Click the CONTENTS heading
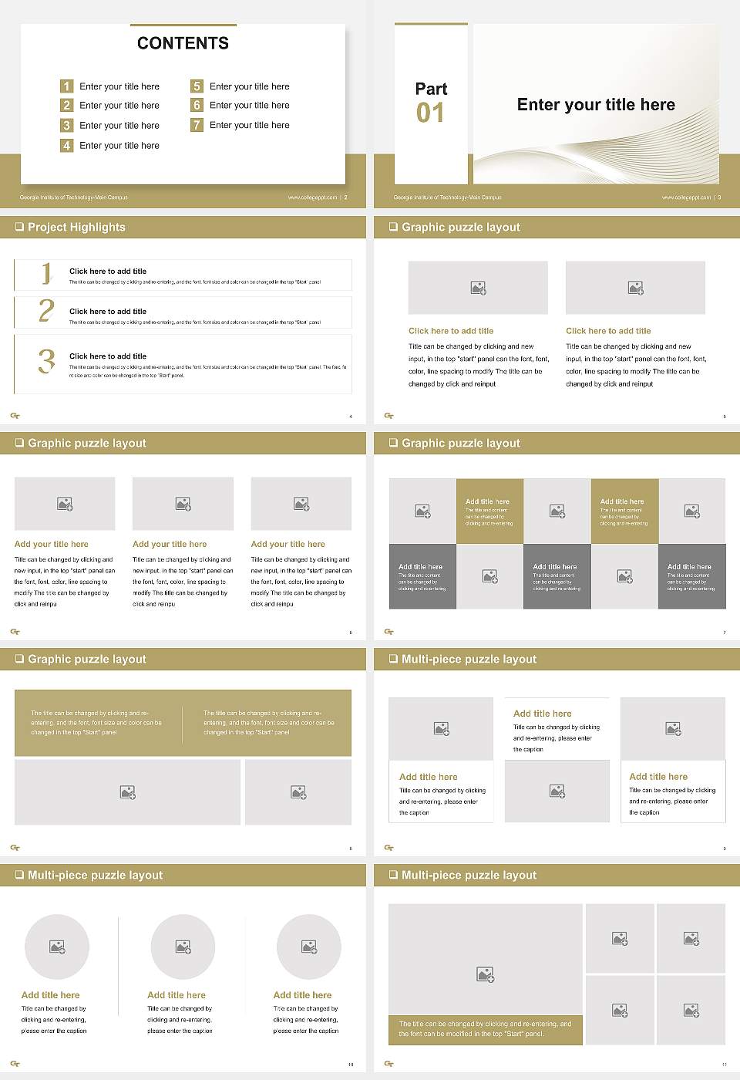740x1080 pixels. (183, 43)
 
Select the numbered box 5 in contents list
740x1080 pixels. (197, 86)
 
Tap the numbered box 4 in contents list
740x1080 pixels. (67, 145)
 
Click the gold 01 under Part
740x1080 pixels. (430, 113)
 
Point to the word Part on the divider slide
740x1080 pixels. (431, 89)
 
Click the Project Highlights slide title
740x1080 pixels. (76, 227)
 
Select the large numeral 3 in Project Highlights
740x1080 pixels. (46, 361)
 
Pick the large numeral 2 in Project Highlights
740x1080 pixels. (46, 311)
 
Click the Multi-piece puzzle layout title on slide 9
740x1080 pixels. (469, 659)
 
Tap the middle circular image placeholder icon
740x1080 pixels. (183, 947)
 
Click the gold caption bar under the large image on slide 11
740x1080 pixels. (485, 1029)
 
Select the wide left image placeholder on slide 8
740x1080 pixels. (128, 792)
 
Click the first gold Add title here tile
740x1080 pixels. (489, 511)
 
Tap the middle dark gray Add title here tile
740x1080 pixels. (557, 576)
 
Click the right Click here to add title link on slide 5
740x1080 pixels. (608, 331)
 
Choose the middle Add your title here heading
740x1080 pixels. (170, 544)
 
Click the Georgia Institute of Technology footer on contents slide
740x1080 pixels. (74, 197)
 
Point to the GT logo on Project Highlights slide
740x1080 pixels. (15, 416)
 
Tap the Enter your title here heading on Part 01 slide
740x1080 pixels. (596, 105)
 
